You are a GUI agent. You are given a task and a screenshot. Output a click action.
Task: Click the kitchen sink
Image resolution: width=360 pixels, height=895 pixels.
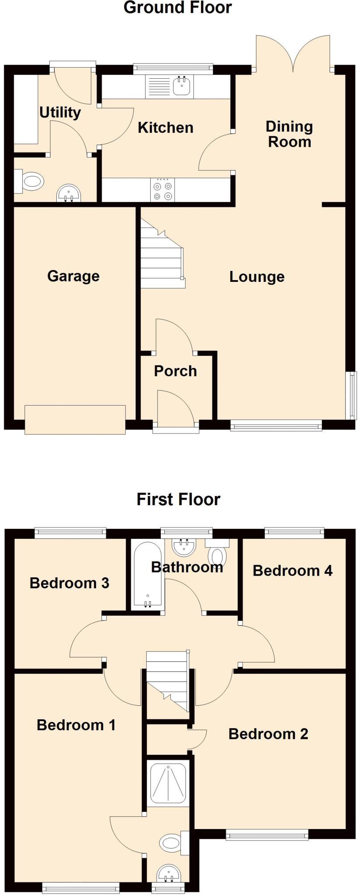181,86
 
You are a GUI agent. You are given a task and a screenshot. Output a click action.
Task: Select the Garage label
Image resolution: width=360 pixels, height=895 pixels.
73,276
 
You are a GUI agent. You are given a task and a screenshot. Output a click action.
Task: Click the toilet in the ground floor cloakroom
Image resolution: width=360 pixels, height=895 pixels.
31,181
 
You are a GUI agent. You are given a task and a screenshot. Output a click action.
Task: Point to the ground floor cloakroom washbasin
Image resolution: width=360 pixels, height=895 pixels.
69,193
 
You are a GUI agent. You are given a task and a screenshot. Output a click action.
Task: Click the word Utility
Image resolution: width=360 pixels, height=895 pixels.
60,113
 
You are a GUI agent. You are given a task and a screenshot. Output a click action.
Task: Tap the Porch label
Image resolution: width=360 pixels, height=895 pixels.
175,371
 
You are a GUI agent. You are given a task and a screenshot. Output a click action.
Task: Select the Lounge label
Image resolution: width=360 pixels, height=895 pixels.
257,277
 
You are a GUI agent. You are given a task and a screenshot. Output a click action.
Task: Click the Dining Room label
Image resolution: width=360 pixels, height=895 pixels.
289,134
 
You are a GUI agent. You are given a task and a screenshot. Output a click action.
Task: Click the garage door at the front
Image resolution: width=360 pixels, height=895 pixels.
75,420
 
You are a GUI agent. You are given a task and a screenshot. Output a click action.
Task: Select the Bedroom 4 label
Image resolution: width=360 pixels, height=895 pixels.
292,570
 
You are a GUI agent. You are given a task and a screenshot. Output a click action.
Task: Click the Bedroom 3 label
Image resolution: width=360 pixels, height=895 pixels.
69,583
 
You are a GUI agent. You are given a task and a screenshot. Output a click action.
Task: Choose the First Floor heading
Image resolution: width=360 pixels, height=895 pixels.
178,499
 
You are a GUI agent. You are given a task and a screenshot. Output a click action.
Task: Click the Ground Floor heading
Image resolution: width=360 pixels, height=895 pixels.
177,7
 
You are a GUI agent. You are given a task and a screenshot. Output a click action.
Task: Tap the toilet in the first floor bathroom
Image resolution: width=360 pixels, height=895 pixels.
218,554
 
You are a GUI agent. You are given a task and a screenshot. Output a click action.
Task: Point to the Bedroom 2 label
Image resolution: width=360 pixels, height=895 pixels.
268,734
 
